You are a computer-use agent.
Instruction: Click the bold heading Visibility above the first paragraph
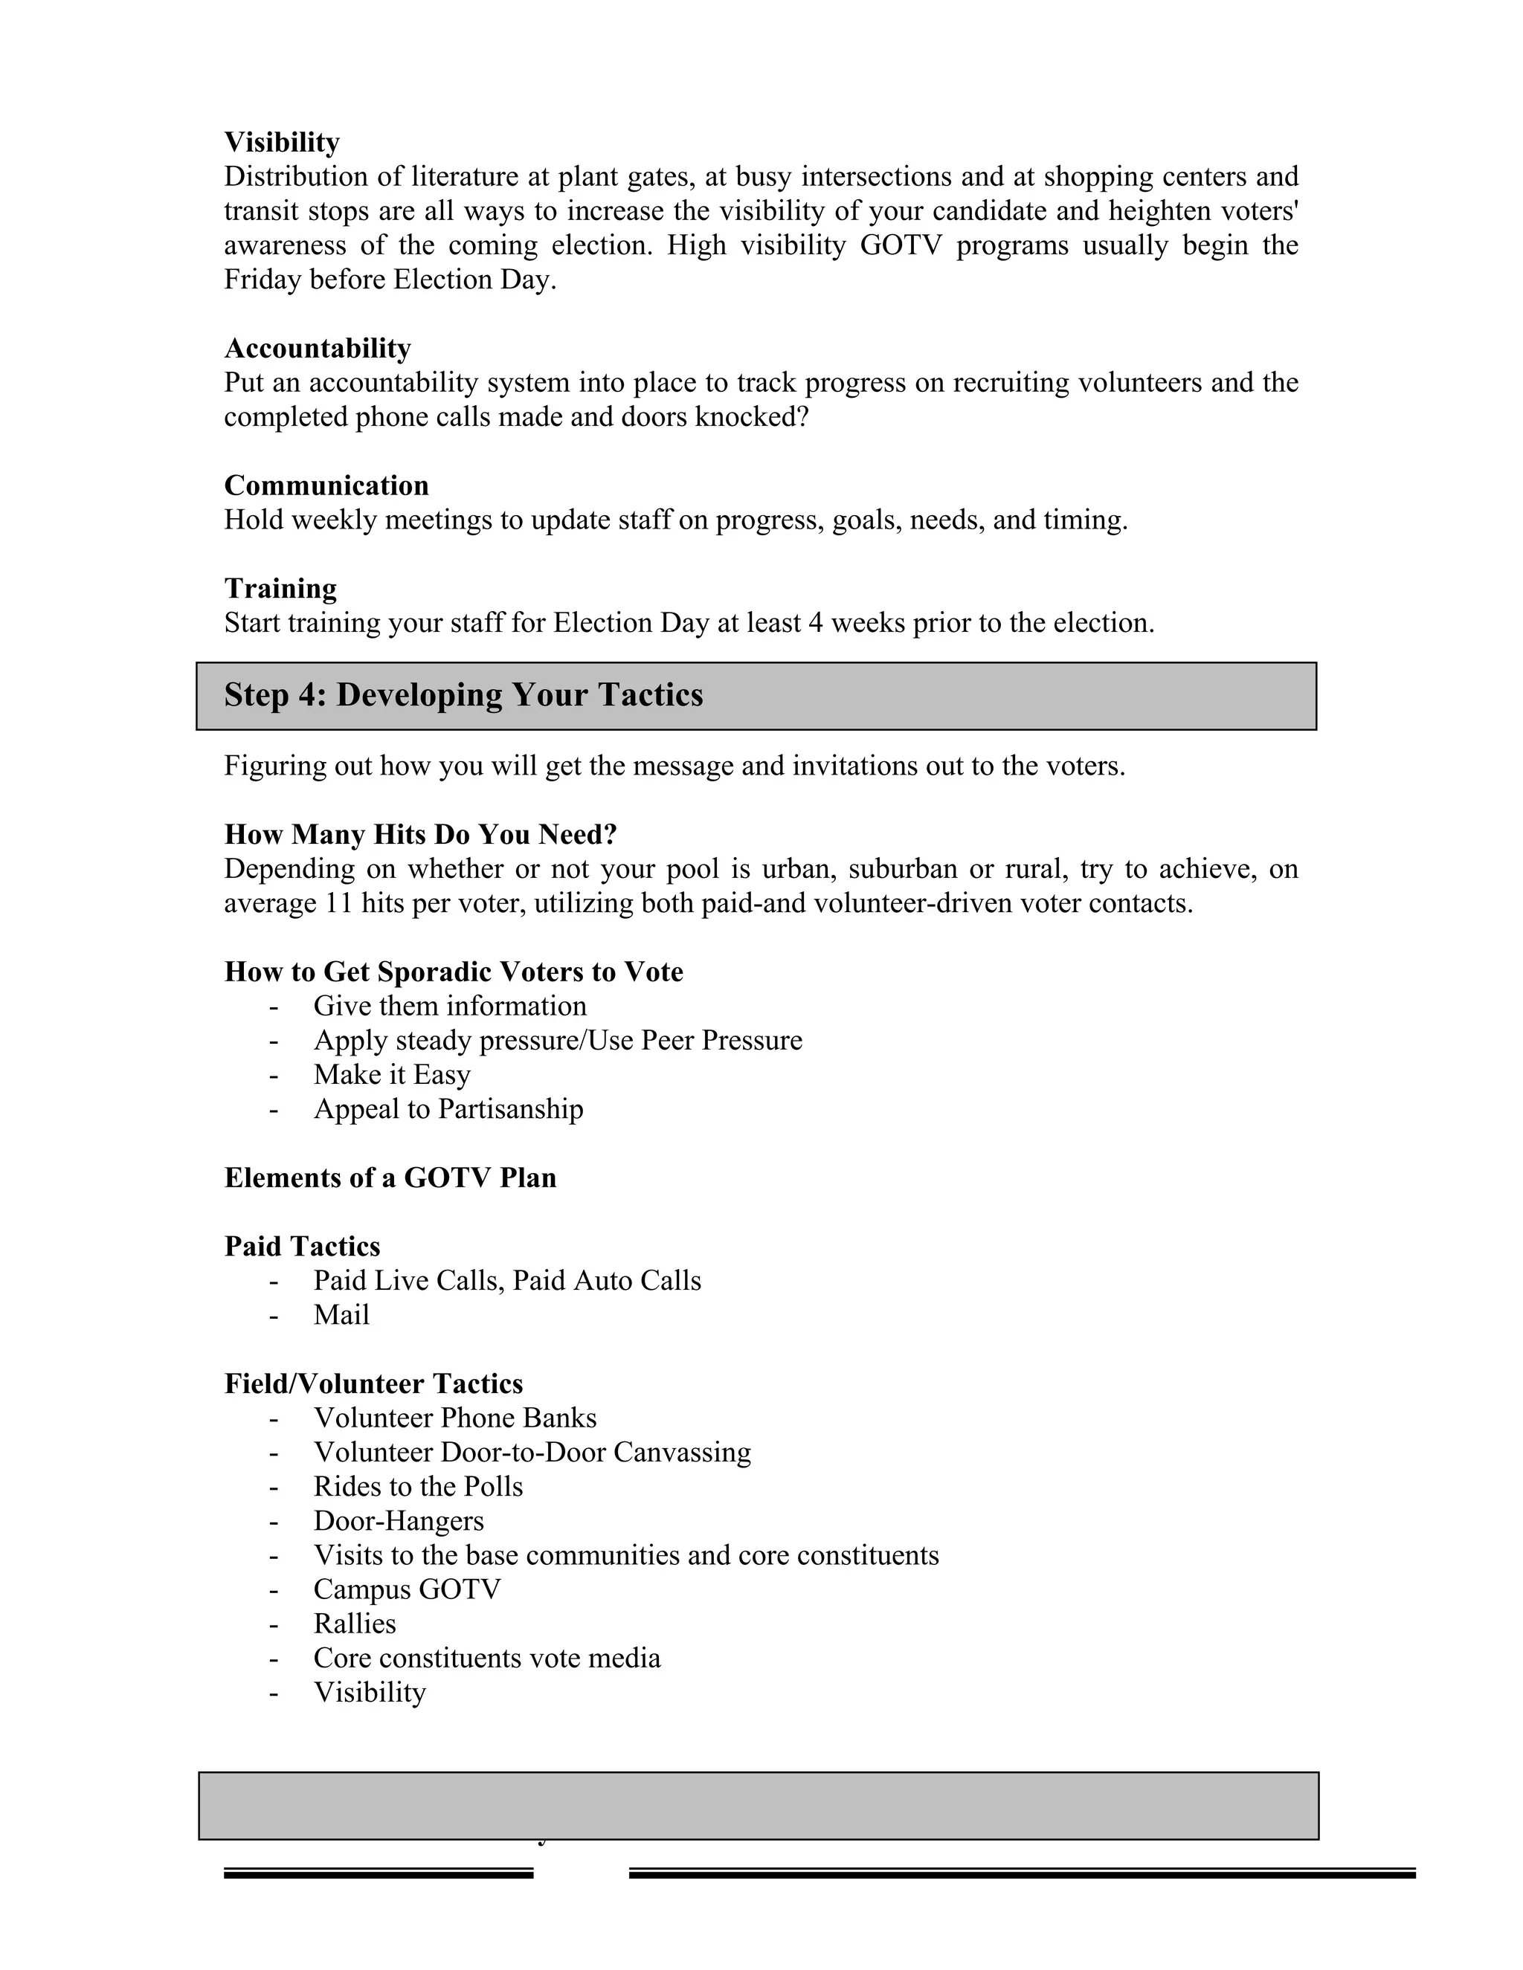pyautogui.click(x=282, y=143)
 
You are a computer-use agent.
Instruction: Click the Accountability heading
pyautogui.click(x=318, y=348)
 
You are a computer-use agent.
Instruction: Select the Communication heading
pyautogui.click(x=326, y=485)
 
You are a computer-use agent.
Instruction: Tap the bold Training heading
pyautogui.click(x=280, y=588)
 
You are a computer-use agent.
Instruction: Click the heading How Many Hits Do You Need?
pyautogui.click(x=420, y=834)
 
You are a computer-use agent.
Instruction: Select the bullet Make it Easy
pyautogui.click(x=392, y=1074)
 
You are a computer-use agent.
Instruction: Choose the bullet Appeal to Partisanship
pyautogui.click(x=448, y=1108)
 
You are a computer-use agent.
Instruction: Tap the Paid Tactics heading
pyautogui.click(x=302, y=1246)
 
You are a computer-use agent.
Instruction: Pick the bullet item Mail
pyautogui.click(x=341, y=1314)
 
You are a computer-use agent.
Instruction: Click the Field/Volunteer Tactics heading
pyautogui.click(x=373, y=1383)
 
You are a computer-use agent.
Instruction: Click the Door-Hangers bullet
pyautogui.click(x=398, y=1520)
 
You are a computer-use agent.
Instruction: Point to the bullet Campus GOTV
pyautogui.click(x=406, y=1589)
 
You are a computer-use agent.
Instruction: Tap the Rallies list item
pyautogui.click(x=355, y=1623)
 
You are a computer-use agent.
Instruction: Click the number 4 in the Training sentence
pyautogui.click(x=816, y=623)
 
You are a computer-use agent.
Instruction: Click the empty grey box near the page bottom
pyautogui.click(x=758, y=1805)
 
